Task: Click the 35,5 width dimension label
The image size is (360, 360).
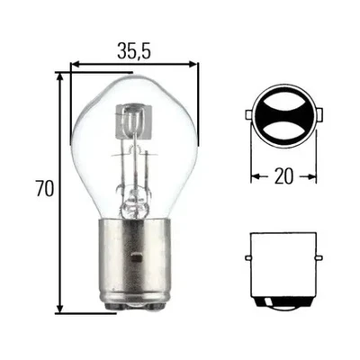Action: click(x=132, y=52)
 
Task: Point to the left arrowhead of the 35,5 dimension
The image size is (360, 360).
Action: click(x=76, y=65)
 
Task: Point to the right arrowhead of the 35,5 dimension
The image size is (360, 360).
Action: click(x=193, y=65)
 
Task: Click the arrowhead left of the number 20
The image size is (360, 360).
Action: click(x=254, y=177)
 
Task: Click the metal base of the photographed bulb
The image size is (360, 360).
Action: click(x=134, y=261)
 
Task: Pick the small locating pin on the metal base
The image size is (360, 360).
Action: click(x=134, y=256)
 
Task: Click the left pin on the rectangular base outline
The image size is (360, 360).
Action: click(x=247, y=257)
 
